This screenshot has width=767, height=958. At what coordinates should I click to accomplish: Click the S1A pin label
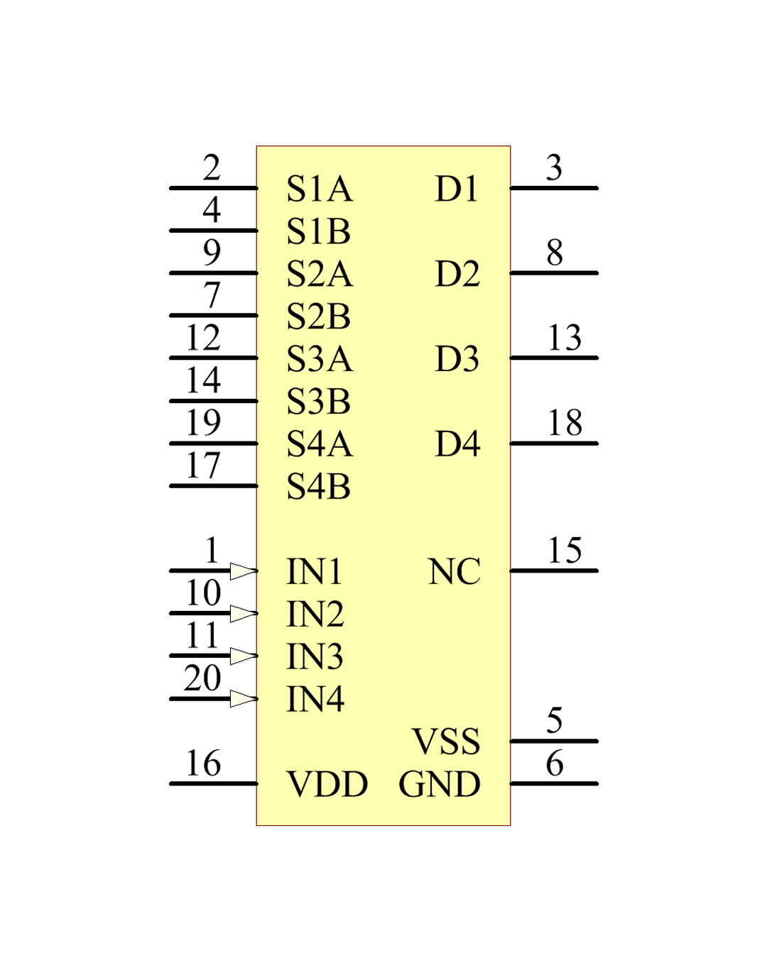pyautogui.click(x=320, y=189)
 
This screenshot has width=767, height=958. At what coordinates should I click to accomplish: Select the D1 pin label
pyautogui.click(x=457, y=189)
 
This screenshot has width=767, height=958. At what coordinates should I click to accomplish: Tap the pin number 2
pyautogui.click(x=212, y=168)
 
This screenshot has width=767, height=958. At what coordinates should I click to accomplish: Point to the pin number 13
pyautogui.click(x=565, y=338)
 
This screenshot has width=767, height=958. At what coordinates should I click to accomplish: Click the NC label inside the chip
pyautogui.click(x=454, y=571)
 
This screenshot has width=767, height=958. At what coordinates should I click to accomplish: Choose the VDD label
pyautogui.click(x=327, y=784)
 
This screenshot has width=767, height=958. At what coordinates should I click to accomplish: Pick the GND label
pyautogui.click(x=440, y=784)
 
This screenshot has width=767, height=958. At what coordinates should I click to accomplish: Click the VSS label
pyautogui.click(x=446, y=742)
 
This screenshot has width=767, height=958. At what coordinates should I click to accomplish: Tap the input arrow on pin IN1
pyautogui.click(x=244, y=571)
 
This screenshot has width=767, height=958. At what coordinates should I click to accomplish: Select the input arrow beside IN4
pyautogui.click(x=244, y=699)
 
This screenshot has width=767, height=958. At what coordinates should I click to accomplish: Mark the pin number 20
pyautogui.click(x=202, y=678)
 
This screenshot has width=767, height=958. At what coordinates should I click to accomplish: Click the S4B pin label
pyautogui.click(x=318, y=487)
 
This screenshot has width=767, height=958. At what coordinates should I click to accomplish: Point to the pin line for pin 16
pyautogui.click(x=214, y=784)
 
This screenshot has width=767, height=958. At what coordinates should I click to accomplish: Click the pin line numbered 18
pyautogui.click(x=554, y=444)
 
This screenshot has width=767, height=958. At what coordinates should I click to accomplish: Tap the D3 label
pyautogui.click(x=457, y=358)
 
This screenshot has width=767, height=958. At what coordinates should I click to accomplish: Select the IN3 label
pyautogui.click(x=315, y=656)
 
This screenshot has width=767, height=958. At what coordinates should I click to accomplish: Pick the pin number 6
pyautogui.click(x=555, y=763)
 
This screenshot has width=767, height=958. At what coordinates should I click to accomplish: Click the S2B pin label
pyautogui.click(x=318, y=316)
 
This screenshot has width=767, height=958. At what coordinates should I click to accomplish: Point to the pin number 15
pyautogui.click(x=565, y=551)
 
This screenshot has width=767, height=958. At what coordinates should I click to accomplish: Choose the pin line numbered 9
pyautogui.click(x=214, y=273)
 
